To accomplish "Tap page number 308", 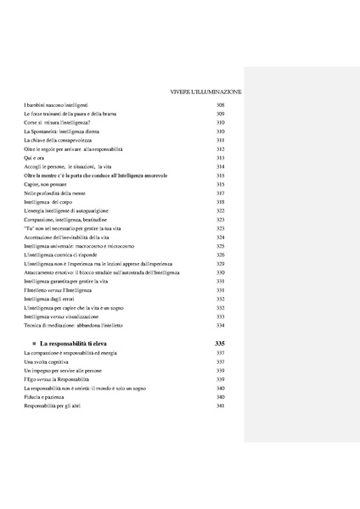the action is pos(220,103).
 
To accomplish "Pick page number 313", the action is pos(220,158).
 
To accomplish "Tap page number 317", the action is pos(220,193).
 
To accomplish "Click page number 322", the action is pos(220,211).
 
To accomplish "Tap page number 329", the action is pos(220,264).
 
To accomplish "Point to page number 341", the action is pos(220,406).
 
